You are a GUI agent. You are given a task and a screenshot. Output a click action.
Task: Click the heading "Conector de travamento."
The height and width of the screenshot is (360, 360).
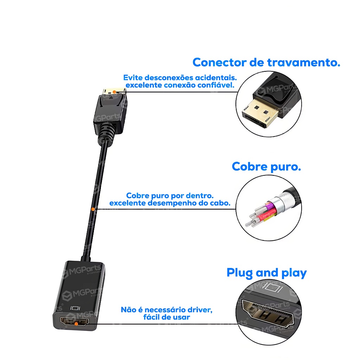click(x=266, y=63)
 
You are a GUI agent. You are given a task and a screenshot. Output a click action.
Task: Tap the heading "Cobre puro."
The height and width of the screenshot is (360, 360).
click(x=266, y=167)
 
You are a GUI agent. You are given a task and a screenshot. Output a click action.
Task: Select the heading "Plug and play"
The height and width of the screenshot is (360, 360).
click(x=266, y=273)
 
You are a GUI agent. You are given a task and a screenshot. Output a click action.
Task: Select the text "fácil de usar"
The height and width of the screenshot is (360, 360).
click(x=167, y=317)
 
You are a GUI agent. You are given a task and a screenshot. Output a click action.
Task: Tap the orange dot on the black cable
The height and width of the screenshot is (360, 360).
click(x=93, y=209)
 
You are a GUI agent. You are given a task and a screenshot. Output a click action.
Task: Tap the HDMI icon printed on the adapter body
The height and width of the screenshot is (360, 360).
click(x=75, y=308)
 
